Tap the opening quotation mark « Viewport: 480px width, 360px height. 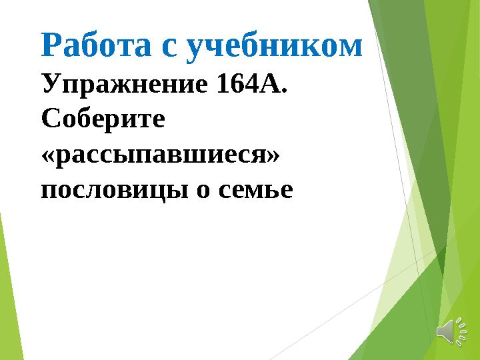click(47, 155)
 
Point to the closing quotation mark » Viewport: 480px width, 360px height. click(272, 155)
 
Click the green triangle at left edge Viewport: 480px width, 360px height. click(8, 293)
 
